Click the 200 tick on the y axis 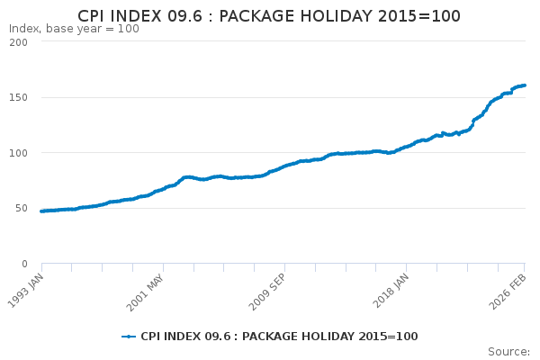click(x=17, y=41)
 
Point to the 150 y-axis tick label click(x=17, y=97)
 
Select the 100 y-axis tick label click(x=17, y=153)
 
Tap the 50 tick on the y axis click(x=21, y=208)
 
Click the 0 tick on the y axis click(x=24, y=264)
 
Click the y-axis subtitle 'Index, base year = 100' click(x=74, y=29)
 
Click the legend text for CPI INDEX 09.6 click(x=279, y=337)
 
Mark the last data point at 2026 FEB click(x=525, y=85)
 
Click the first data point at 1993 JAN click(x=41, y=211)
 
